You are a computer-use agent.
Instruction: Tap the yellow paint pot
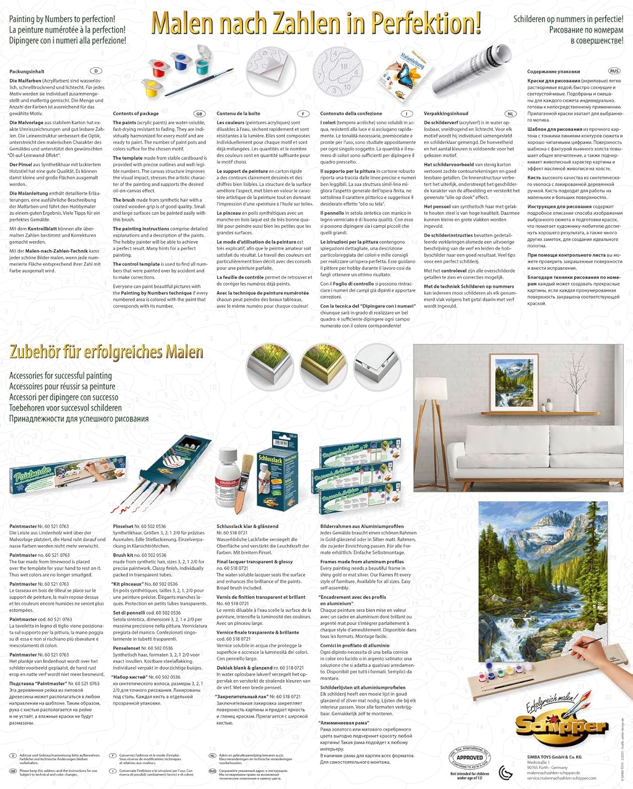click(152, 88)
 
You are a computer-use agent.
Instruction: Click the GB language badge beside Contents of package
click(199, 114)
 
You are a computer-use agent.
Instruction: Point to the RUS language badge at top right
click(614, 71)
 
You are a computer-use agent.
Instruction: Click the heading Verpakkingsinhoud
click(446, 114)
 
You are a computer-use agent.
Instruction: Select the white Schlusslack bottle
click(228, 479)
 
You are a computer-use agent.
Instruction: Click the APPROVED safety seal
click(469, 758)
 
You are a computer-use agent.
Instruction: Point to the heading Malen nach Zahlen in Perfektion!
click(316, 23)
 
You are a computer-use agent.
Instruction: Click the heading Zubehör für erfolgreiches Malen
click(106, 352)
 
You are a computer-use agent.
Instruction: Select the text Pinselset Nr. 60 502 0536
click(139, 526)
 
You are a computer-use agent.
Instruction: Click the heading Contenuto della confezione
click(351, 114)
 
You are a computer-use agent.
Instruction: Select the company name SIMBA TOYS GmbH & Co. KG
click(554, 757)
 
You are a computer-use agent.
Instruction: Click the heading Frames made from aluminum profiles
click(362, 562)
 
